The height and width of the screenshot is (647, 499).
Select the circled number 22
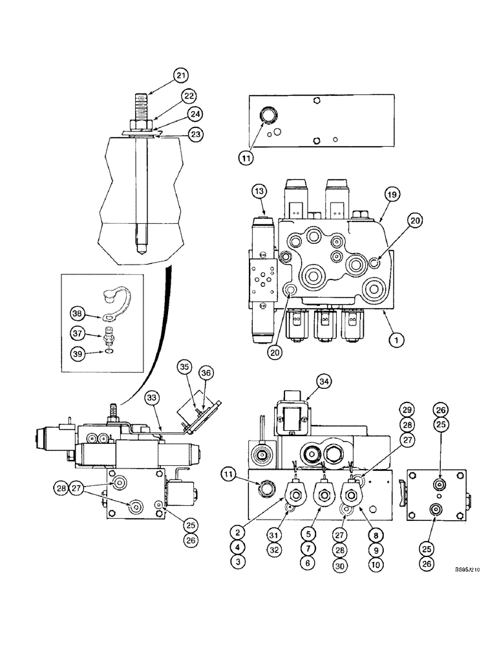188,96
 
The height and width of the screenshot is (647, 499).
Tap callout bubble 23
195,134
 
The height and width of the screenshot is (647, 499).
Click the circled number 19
390,192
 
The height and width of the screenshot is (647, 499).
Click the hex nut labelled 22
142,124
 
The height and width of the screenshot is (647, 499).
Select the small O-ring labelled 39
108,353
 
